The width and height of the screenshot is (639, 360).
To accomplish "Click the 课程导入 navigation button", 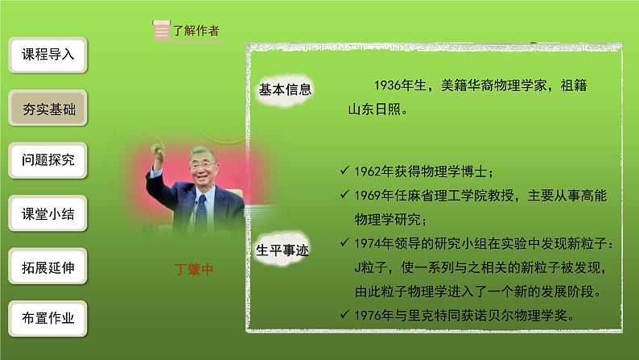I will tap(47, 56).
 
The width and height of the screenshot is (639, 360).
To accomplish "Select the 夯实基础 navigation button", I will tap(47, 109).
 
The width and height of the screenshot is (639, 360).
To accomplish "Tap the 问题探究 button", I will tap(47, 160).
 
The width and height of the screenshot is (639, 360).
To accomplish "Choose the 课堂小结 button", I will tap(47, 214).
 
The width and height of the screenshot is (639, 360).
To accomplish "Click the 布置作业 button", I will tap(47, 318).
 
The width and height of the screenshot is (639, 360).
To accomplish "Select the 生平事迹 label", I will tap(284, 250).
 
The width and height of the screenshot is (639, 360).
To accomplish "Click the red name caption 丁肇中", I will tap(195, 270).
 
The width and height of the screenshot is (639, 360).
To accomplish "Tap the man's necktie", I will tap(200, 211).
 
